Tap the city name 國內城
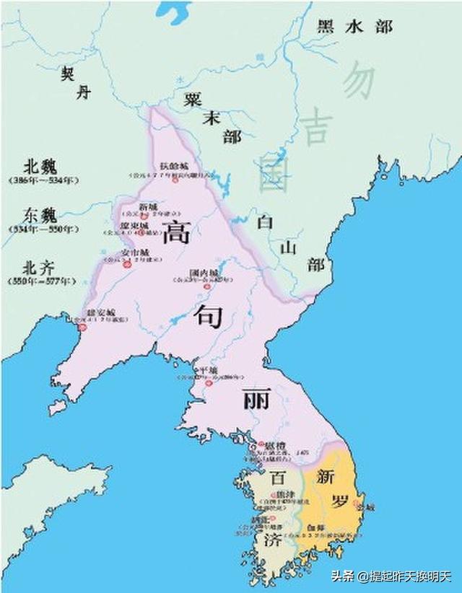(200, 273)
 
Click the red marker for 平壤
(197, 369)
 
